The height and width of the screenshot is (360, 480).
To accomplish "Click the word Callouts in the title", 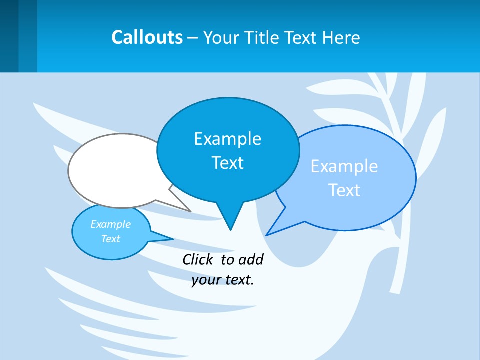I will pyautogui.click(x=147, y=37).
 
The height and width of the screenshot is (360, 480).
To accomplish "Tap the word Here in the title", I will pyautogui.click(x=341, y=37).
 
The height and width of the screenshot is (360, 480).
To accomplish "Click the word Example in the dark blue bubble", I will pyautogui.click(x=227, y=139).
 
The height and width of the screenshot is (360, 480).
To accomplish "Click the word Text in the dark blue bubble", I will pyautogui.click(x=227, y=163).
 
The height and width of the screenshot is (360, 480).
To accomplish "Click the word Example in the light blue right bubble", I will pyautogui.click(x=344, y=166).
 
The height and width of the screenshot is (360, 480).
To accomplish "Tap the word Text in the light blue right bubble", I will pyautogui.click(x=344, y=190).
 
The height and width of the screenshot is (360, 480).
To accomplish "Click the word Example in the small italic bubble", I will pyautogui.click(x=110, y=224).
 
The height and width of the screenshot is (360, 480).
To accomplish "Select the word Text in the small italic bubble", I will pyautogui.click(x=110, y=239).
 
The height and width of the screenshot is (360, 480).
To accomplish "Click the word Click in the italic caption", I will pyautogui.click(x=198, y=259).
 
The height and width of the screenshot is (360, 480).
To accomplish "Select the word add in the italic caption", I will pyautogui.click(x=251, y=259).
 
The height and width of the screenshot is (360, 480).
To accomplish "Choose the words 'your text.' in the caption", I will pyautogui.click(x=223, y=280).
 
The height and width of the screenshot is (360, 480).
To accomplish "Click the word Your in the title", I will pyautogui.click(x=220, y=37).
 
